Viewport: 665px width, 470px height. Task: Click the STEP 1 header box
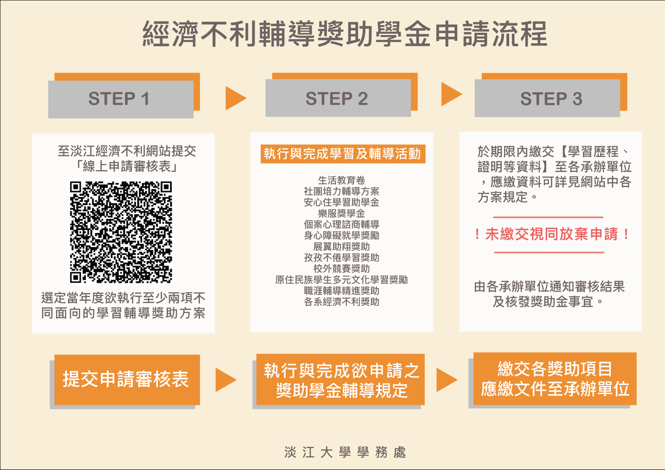121,99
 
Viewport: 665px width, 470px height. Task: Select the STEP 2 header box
338,98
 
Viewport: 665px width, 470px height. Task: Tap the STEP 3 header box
547,98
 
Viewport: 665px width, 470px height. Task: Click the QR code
121,232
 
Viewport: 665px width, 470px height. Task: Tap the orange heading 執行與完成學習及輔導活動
343,154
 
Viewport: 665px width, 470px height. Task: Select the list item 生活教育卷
342,180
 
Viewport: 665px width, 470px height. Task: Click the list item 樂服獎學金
342,214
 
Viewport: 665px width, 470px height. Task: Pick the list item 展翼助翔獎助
342,247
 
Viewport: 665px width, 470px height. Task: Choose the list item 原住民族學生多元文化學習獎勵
342,280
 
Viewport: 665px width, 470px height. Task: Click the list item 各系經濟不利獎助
342,302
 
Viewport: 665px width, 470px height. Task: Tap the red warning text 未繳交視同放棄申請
551,234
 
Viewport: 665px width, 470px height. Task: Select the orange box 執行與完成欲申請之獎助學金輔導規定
340,379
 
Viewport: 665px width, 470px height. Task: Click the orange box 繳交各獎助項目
555,379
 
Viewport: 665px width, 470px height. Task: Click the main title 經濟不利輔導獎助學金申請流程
345,34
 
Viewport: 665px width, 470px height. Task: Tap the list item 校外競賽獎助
342,269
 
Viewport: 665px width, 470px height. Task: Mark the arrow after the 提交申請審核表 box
226,380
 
